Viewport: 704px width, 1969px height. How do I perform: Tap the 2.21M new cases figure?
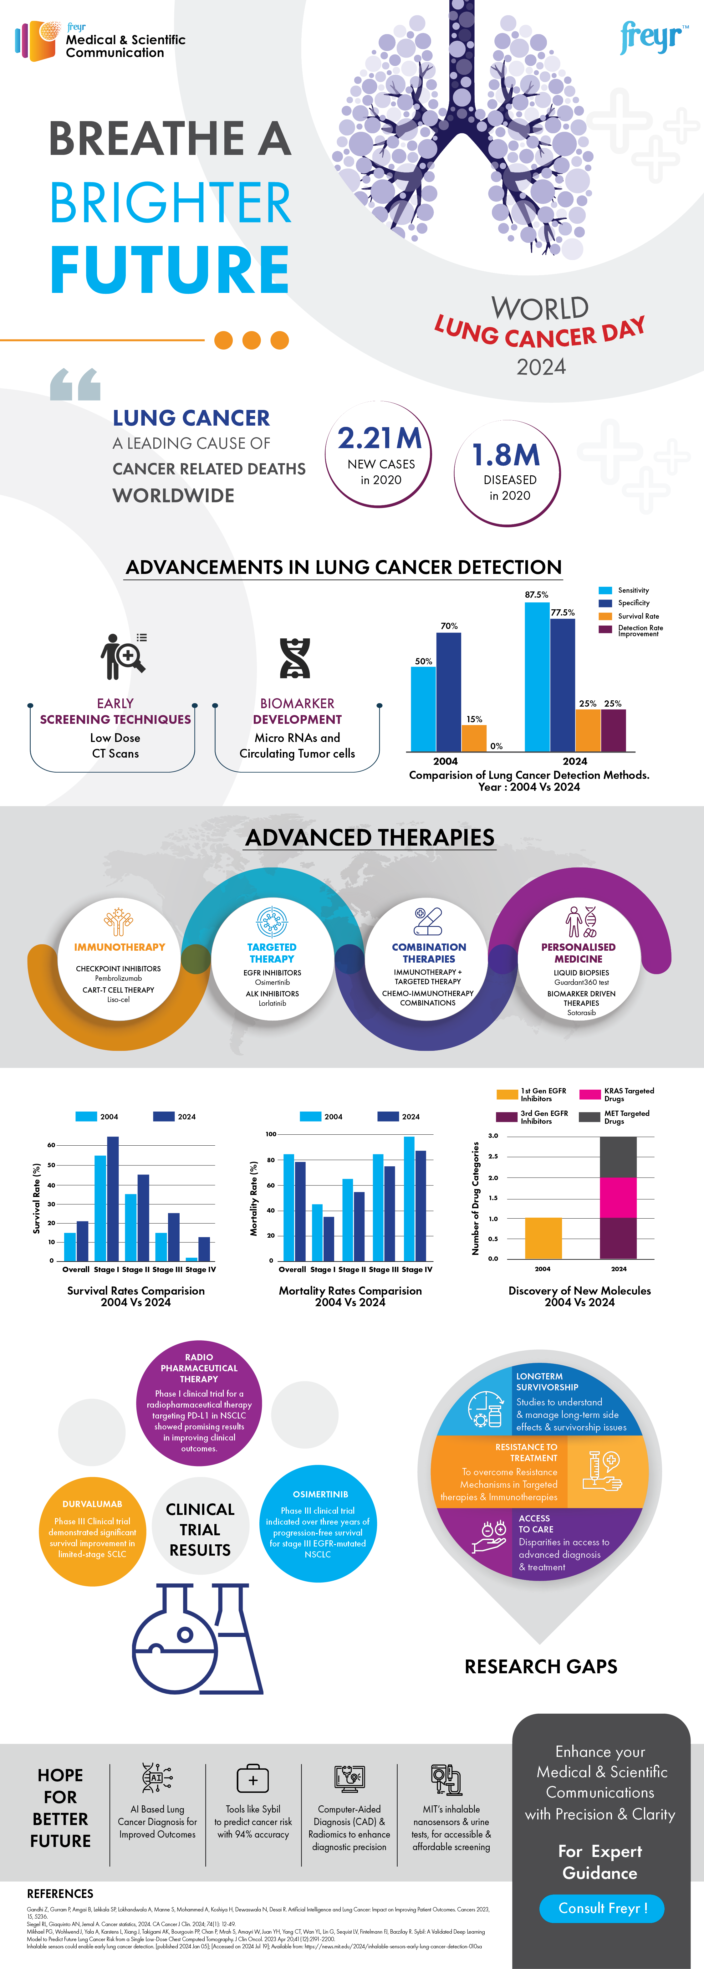coord(380,438)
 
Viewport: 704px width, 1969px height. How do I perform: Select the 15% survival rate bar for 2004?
coord(474,738)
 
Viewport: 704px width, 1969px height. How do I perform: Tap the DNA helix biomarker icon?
coord(295,657)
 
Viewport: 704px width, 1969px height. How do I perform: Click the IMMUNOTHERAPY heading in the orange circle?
coord(119,947)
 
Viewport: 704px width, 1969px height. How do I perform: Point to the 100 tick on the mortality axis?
coord(271,1134)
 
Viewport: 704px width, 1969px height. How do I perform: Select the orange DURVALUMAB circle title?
coord(93,1504)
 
